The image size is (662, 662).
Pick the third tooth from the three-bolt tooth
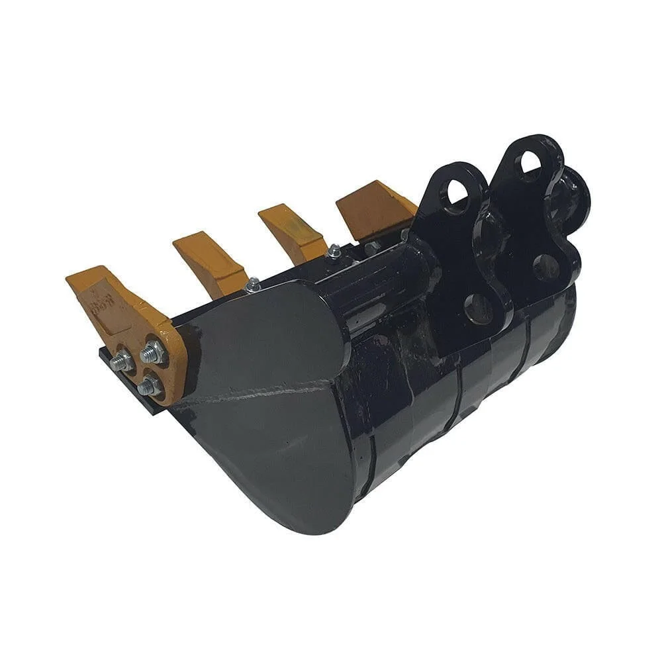pyautogui.click(x=291, y=232)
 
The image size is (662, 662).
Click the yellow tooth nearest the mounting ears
pyautogui.click(x=374, y=209)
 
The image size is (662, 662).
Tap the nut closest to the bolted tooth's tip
pyautogui.click(x=122, y=361)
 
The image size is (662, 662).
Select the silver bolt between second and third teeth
pyautogui.click(x=252, y=285)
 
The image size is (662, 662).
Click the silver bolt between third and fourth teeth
pyautogui.click(x=334, y=251)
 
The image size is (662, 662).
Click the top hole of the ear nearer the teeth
pyautogui.click(x=457, y=193)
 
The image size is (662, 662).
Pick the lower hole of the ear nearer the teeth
pyautogui.click(x=478, y=308)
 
